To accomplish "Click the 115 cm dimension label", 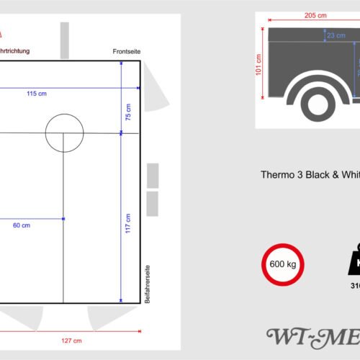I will click(x=32, y=94).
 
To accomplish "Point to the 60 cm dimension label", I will click(x=22, y=225).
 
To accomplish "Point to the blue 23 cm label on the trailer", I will click(x=335, y=35).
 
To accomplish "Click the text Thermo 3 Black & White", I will click(x=310, y=175).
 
